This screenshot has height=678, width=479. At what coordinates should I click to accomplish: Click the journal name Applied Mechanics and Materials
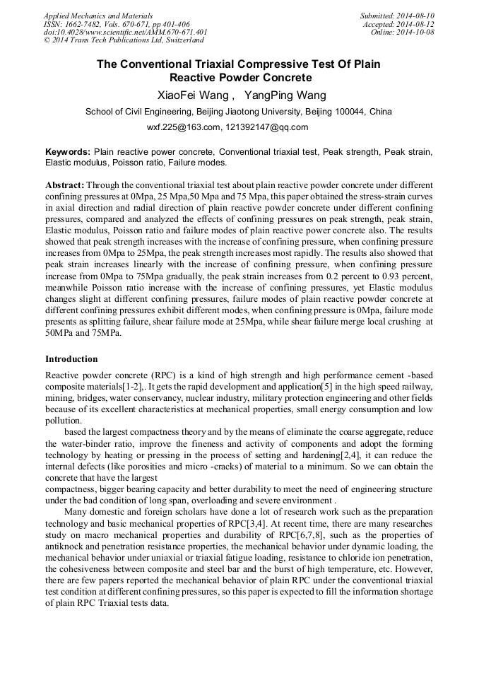98,16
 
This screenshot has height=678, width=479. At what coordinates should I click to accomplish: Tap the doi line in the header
126,33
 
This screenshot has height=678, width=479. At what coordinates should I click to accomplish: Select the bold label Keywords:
68,152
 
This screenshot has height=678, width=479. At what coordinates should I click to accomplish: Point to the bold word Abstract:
64,184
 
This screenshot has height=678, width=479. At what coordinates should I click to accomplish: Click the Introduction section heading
71,359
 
